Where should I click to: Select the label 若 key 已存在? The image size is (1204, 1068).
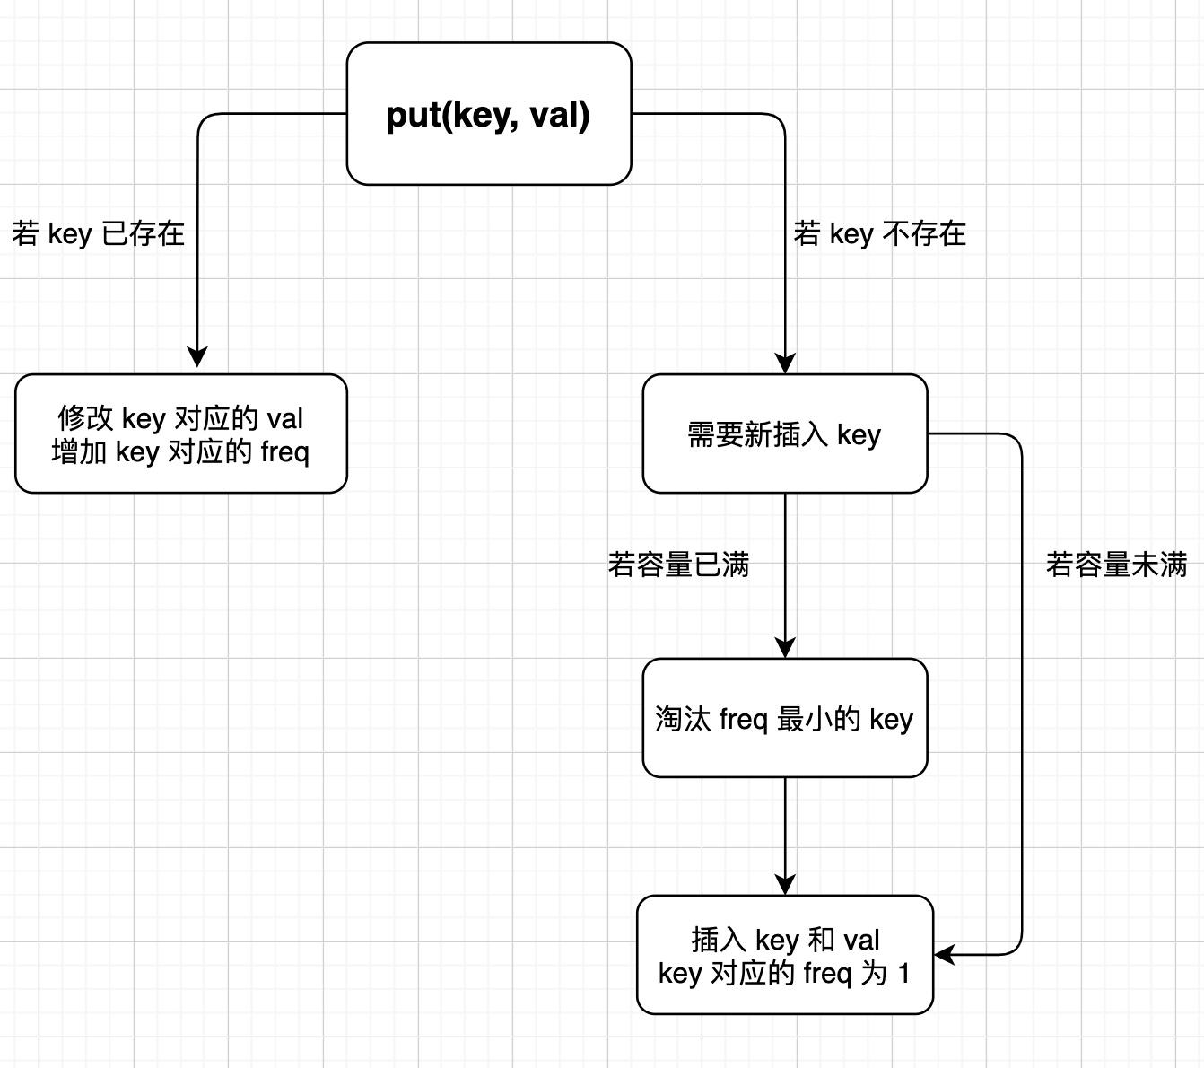click(x=99, y=234)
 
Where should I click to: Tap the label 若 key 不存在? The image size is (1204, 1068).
click(x=879, y=234)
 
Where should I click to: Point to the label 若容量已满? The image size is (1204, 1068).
click(x=678, y=565)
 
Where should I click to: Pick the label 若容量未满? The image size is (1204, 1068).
click(x=1116, y=565)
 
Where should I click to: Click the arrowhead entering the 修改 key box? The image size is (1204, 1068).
click(x=197, y=358)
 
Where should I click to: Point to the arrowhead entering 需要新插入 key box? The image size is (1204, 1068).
click(x=785, y=363)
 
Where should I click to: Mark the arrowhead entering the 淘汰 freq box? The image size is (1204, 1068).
click(x=785, y=647)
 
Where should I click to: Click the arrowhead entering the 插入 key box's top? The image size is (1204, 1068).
click(x=785, y=884)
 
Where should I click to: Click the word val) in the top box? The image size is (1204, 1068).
click(x=559, y=115)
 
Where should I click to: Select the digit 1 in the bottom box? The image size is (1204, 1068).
click(x=903, y=973)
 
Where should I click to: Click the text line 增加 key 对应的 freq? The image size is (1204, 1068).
click(x=180, y=451)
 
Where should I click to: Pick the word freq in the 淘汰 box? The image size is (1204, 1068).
click(x=744, y=720)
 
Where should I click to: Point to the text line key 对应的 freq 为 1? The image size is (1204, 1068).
click(x=784, y=973)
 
